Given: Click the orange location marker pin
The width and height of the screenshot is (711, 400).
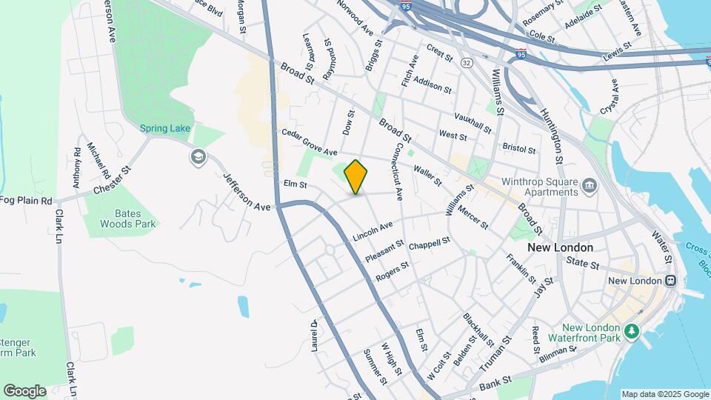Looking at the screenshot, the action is [x=355, y=176].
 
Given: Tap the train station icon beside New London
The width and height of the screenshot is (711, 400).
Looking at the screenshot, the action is [x=670, y=281].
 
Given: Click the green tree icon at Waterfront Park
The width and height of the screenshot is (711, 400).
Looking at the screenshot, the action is [x=631, y=330].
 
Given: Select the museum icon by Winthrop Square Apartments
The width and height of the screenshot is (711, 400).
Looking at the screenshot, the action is [x=590, y=184].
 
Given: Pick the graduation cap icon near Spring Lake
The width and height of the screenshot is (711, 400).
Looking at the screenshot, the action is [x=198, y=157].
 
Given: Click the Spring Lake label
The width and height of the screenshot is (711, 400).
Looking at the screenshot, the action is [x=165, y=128].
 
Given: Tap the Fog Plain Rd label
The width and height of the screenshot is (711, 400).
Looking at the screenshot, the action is [x=26, y=201].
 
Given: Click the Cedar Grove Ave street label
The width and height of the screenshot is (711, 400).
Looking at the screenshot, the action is [x=309, y=141].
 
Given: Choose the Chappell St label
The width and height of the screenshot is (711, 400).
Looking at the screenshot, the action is [x=430, y=244].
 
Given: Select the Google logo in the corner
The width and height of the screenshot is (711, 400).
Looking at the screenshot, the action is [x=24, y=390].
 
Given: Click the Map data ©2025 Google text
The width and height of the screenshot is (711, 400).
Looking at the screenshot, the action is [x=664, y=394].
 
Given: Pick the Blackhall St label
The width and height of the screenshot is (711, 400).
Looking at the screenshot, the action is [x=478, y=330].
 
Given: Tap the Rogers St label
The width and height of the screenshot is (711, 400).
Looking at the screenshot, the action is [x=392, y=271].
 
